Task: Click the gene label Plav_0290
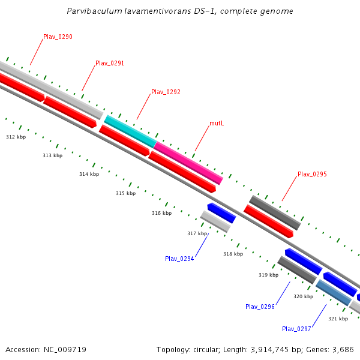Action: click(x=58, y=37)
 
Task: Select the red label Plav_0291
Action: click(x=110, y=63)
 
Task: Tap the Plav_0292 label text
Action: click(x=166, y=92)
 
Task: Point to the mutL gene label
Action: click(x=217, y=123)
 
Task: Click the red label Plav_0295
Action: click(x=312, y=174)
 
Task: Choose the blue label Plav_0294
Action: click(x=179, y=259)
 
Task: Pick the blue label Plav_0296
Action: click(x=260, y=307)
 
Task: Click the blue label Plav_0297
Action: click(x=296, y=329)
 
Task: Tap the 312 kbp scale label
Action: click(x=16, y=137)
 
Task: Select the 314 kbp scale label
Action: click(x=89, y=174)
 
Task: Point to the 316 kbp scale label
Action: click(x=161, y=213)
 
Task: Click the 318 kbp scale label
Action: click(x=233, y=254)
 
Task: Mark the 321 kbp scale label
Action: click(x=338, y=319)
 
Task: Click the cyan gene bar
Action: click(x=130, y=131)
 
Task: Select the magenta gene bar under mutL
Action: click(x=188, y=163)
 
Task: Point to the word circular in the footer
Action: click(x=202, y=349)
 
